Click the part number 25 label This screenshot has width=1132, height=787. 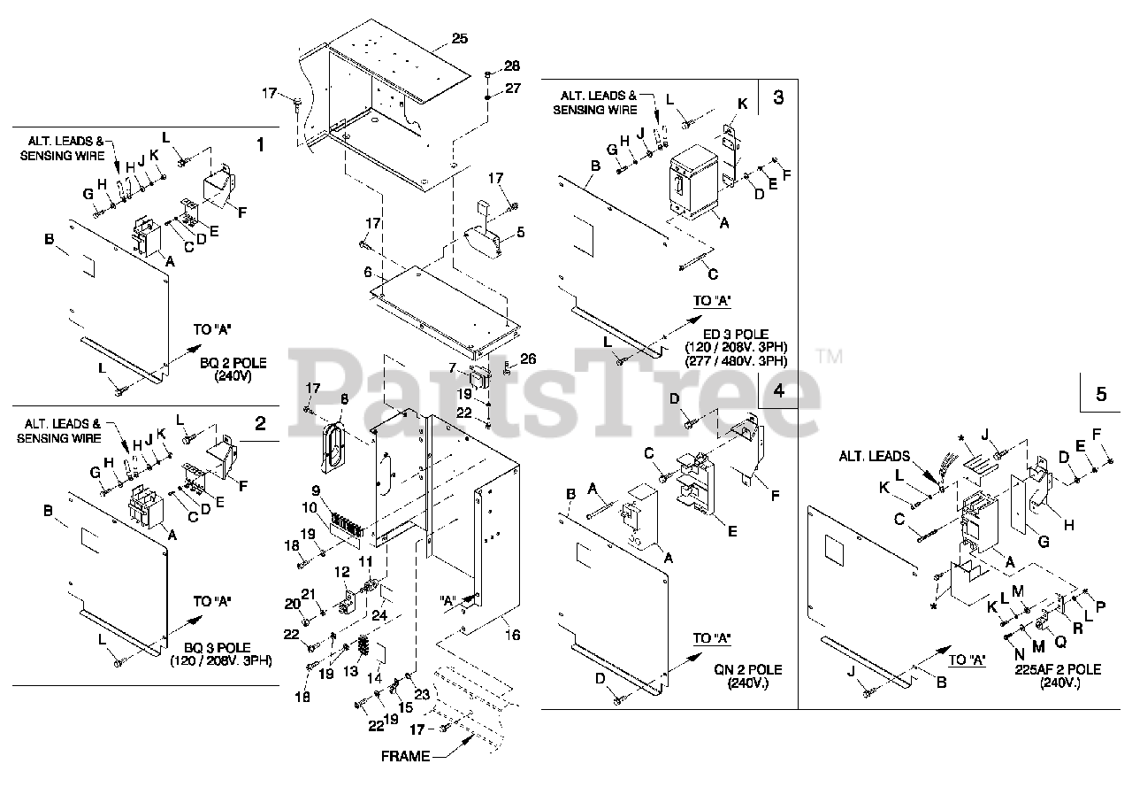[459, 38]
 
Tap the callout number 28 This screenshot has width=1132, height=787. [512, 66]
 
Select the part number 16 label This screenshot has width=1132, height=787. [513, 635]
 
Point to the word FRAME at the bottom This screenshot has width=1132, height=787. [405, 756]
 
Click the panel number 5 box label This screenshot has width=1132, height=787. [1101, 395]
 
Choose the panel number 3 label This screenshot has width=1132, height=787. [777, 97]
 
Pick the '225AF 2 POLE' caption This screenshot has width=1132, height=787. [1059, 669]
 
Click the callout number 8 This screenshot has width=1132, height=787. [344, 399]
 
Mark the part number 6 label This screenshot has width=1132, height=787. [368, 273]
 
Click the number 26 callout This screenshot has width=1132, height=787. [528, 359]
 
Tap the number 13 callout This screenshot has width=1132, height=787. [350, 672]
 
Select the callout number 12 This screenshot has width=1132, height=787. [342, 574]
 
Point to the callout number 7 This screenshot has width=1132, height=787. [452, 367]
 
